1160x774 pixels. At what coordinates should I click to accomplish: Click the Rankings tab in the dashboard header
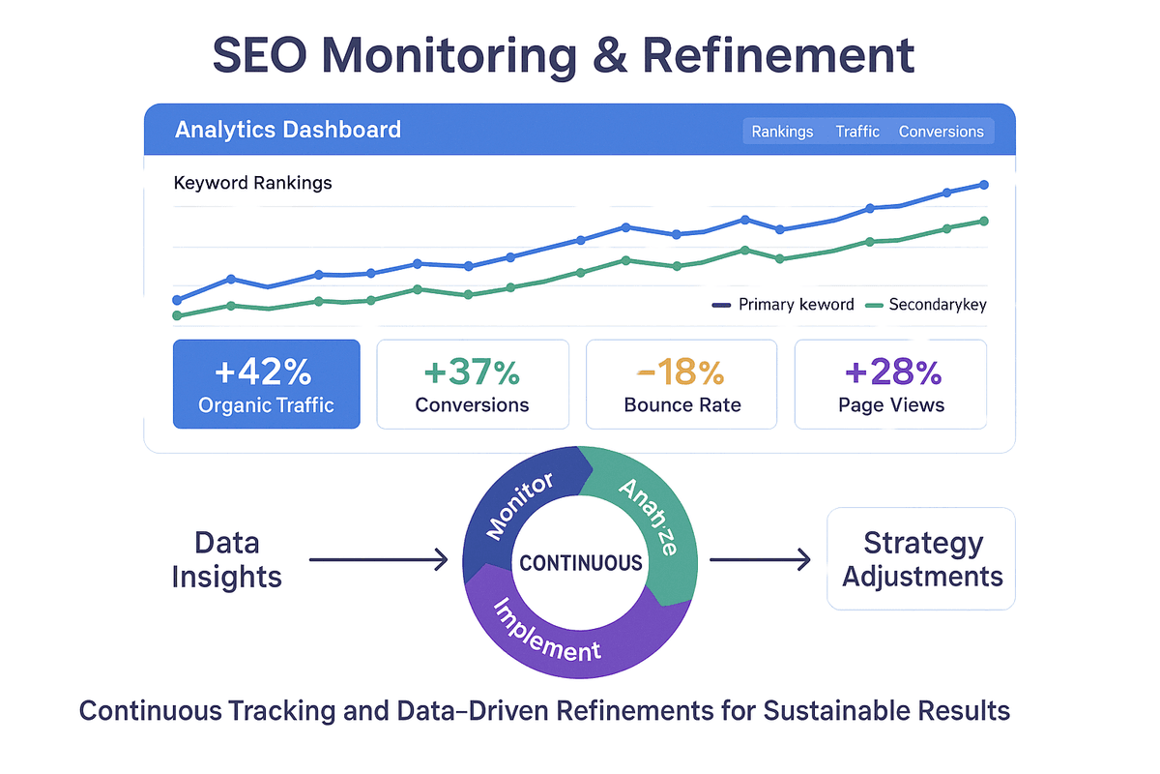782,132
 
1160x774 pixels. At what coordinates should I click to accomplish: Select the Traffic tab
857,132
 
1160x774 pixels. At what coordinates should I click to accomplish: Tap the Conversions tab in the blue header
941,132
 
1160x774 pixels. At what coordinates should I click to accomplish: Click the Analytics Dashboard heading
287,130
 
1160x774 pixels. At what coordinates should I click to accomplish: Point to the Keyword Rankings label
252,183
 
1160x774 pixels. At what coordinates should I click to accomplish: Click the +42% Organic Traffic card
266,384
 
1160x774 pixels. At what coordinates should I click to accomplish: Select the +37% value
472,372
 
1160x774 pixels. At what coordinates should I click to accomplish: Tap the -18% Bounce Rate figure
681,372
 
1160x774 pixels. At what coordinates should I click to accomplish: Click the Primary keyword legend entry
784,305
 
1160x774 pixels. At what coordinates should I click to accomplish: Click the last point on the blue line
984,184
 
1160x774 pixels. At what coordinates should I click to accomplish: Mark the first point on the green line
177,315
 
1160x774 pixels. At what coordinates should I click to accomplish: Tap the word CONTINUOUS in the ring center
581,563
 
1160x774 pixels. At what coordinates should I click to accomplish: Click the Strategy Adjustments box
921,559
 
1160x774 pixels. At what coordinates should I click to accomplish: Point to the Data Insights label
226,560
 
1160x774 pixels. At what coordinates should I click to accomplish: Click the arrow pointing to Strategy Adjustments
761,558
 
